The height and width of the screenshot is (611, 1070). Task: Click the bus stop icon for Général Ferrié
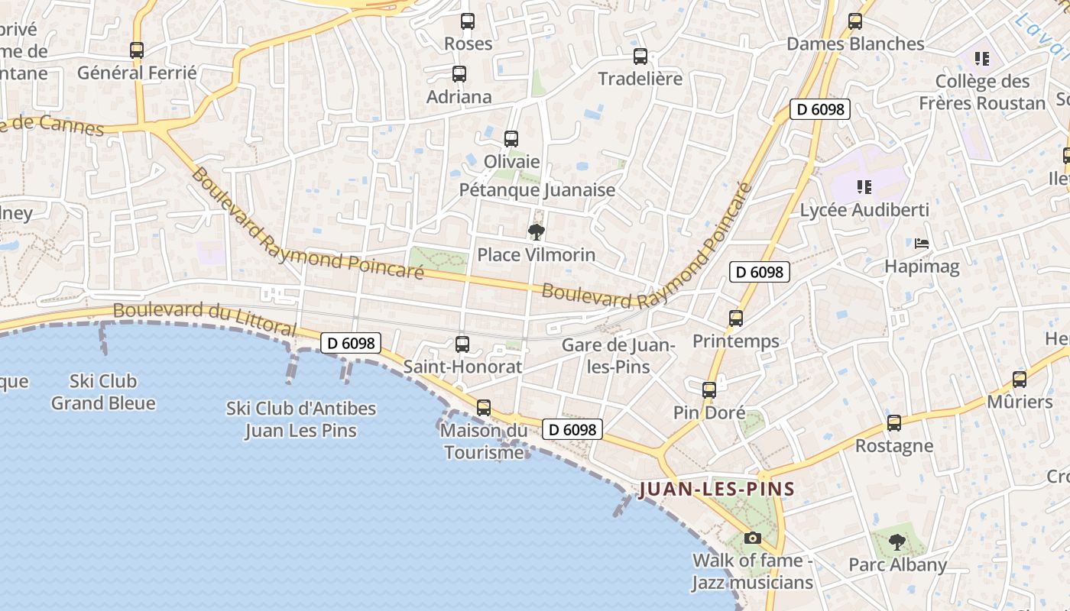(137, 50)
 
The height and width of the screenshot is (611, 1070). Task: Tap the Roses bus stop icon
(468, 21)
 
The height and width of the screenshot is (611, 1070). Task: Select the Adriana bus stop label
(459, 97)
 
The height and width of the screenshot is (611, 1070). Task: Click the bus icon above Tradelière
(640, 56)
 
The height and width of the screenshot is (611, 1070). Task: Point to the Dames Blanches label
(855, 44)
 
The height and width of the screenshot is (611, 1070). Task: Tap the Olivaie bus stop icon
(511, 139)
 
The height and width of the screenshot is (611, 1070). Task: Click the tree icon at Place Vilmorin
(537, 231)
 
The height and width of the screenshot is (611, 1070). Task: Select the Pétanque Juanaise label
(537, 189)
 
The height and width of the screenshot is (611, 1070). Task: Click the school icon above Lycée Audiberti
(864, 186)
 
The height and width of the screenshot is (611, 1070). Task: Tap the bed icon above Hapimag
(922, 244)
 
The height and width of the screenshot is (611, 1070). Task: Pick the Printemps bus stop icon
(736, 318)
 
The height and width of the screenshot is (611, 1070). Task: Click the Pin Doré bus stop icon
(709, 390)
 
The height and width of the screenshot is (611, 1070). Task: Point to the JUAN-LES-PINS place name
(717, 489)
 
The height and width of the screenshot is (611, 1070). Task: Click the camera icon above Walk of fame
(753, 538)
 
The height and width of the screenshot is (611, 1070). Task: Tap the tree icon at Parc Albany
(897, 542)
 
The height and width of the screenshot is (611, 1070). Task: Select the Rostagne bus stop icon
(894, 423)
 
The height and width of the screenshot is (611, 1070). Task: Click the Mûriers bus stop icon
(1020, 380)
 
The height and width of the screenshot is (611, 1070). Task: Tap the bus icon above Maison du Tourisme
(484, 408)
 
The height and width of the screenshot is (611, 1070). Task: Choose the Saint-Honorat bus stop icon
(462, 344)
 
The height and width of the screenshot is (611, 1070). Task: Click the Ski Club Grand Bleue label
(103, 392)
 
